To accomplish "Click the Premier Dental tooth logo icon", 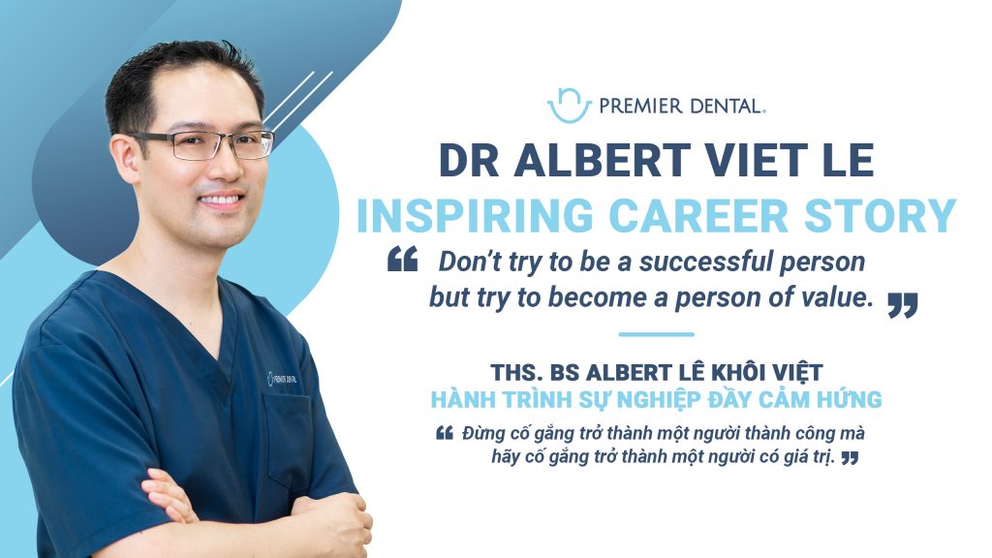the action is coord(569,106).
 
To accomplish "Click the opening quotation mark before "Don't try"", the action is coord(402,259).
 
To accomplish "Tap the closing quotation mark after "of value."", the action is coord(903,305).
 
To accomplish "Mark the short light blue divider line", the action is coord(656,334).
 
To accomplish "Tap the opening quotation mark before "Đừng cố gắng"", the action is coord(445,433).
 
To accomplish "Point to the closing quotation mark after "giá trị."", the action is coord(851,457).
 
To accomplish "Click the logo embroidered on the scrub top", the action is coord(282,379).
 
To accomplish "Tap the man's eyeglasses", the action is coord(202,144).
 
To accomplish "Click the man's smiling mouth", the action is coord(221,200).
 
